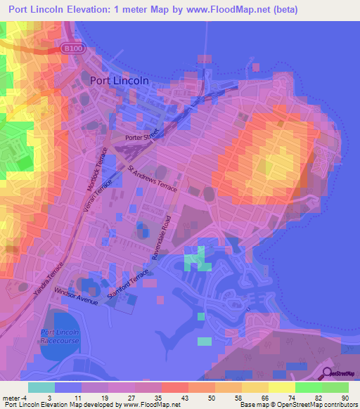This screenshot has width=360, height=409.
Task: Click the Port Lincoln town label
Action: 120,80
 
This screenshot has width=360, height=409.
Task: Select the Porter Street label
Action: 143,138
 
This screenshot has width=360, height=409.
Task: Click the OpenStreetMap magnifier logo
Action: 328,374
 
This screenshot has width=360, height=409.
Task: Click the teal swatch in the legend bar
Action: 41,387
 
